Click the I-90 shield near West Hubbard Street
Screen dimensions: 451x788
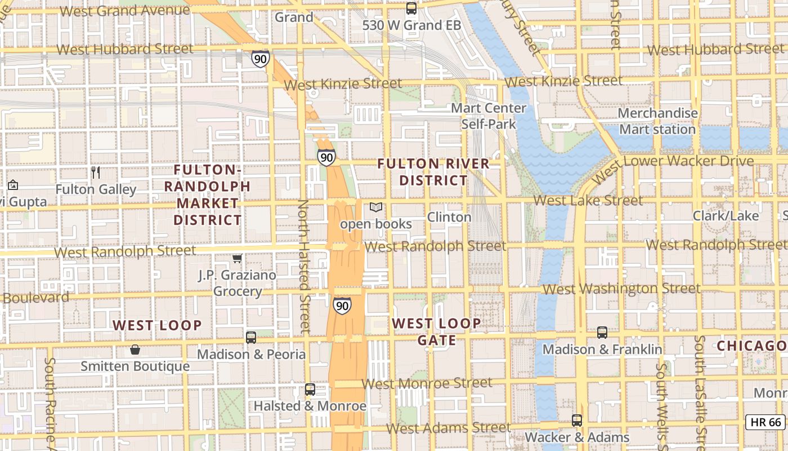260,59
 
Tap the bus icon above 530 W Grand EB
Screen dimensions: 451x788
411,8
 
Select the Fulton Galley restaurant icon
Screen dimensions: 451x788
96,173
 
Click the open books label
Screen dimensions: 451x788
376,224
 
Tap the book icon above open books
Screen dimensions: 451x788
376,207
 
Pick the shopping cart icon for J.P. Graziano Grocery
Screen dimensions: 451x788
238,259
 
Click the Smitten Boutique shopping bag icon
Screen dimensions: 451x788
135,350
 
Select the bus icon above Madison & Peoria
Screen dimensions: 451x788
251,338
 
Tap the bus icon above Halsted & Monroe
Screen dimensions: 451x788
310,389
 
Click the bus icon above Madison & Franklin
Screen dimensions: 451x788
602,333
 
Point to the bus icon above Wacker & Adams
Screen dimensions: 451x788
577,421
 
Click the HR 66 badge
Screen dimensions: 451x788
765,422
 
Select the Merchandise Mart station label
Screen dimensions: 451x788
657,121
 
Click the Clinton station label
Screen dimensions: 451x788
449,217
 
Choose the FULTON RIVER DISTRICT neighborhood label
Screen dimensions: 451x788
433,172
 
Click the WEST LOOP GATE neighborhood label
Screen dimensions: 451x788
437,331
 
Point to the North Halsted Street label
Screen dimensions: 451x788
304,265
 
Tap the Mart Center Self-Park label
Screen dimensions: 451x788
489,116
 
